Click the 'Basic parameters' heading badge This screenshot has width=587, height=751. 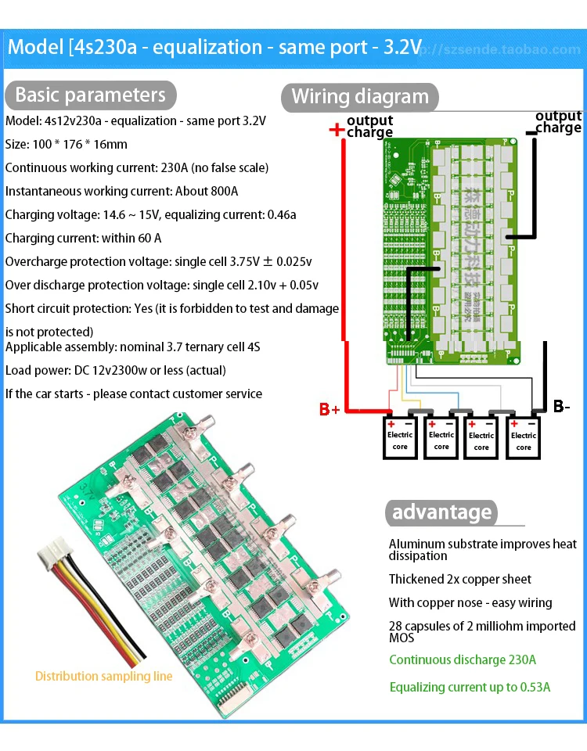90,95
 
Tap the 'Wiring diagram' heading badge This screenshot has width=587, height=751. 360,97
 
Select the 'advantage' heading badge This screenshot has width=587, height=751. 442,512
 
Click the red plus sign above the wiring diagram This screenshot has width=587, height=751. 337,129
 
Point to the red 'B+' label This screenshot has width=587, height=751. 330,409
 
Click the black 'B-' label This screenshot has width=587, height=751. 561,407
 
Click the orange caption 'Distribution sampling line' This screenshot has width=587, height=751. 104,676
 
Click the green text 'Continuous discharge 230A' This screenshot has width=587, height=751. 463,659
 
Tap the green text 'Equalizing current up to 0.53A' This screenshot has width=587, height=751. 470,687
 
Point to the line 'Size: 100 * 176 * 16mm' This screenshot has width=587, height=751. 67,145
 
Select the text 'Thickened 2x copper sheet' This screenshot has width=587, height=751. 460,579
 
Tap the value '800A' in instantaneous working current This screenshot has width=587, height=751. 222,191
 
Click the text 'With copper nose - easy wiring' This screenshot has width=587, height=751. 470,602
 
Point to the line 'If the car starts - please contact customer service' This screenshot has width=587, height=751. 134,393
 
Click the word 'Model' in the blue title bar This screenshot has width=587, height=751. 35,48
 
